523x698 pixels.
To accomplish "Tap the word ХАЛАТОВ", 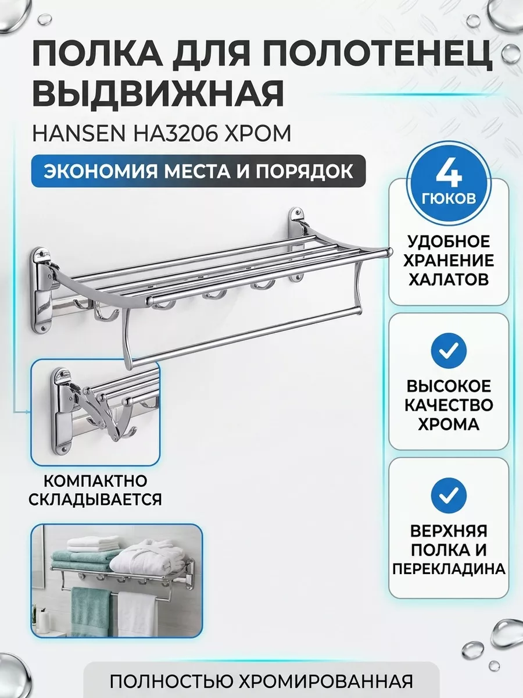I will pyautogui.click(x=448, y=279).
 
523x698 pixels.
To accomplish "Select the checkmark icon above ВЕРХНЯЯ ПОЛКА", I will pyautogui.click(x=448, y=495).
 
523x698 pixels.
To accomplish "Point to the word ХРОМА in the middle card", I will pyautogui.click(x=448, y=424).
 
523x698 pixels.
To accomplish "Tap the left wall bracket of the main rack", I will pyautogui.click(x=42, y=291).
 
